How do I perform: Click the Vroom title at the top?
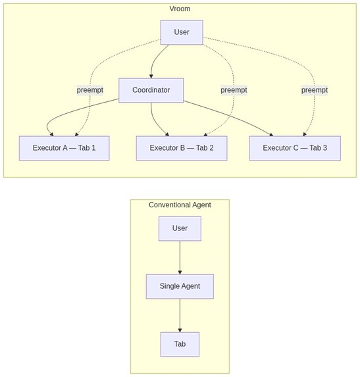click(180, 9)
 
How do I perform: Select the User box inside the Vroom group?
click(182, 32)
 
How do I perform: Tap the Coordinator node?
click(151, 90)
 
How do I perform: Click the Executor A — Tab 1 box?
click(64, 148)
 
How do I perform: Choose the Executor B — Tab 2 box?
click(182, 148)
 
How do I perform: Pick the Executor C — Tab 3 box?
click(295, 148)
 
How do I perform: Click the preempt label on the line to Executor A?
click(90, 90)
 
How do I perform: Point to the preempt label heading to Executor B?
click(234, 90)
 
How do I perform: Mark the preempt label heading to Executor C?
click(314, 90)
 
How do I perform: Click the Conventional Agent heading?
click(180, 205)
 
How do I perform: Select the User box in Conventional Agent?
click(180, 228)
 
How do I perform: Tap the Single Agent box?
click(180, 286)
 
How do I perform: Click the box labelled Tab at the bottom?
click(180, 344)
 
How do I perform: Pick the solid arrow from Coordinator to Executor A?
click(66, 115)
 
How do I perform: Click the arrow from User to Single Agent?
click(180, 257)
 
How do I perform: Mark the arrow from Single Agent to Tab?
click(180, 315)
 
